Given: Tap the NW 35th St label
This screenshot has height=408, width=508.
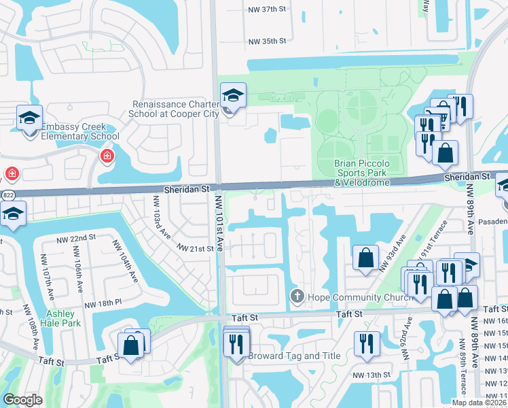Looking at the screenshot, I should click(x=268, y=41).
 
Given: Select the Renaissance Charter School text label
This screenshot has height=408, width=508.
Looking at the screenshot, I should click(x=175, y=109).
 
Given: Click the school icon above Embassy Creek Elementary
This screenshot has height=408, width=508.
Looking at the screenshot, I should click(x=30, y=118).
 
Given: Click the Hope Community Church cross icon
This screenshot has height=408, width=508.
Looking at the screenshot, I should click(x=297, y=296).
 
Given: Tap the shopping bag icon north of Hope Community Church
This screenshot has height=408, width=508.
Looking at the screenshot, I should click(x=365, y=258).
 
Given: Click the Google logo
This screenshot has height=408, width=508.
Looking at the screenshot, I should click(x=22, y=400).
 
